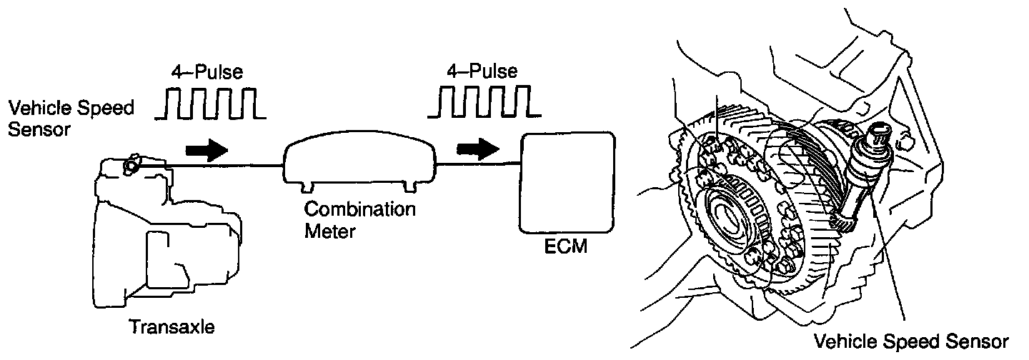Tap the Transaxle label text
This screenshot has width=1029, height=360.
[171, 327]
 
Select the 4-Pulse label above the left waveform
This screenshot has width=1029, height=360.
[207, 72]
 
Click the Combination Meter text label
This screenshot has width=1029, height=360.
[359, 221]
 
